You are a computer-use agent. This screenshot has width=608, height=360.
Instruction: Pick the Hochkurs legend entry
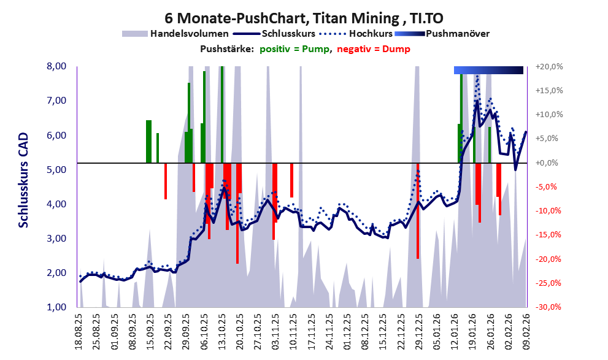(371, 33)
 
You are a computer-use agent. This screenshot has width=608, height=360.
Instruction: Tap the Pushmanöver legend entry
(457, 33)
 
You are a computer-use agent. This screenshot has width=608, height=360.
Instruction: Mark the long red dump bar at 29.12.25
(418, 212)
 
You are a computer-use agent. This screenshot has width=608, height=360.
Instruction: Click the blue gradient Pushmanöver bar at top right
(488, 70)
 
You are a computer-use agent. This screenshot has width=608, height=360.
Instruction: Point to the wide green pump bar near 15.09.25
(148, 142)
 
